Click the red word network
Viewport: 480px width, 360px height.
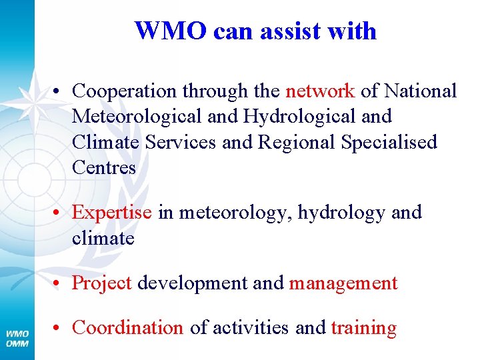tap(320, 91)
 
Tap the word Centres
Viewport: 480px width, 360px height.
tap(103, 167)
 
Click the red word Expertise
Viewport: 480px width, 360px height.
tap(112, 213)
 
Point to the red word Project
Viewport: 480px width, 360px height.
tap(101, 283)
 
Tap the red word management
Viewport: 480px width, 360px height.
tap(343, 283)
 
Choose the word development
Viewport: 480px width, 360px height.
tap(193, 283)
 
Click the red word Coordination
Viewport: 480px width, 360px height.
tap(127, 327)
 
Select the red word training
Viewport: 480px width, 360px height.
tap(363, 328)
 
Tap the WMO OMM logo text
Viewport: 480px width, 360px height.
tap(17, 337)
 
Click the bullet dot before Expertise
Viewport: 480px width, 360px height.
tap(59, 213)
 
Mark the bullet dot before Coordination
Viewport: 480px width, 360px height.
tap(59, 328)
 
